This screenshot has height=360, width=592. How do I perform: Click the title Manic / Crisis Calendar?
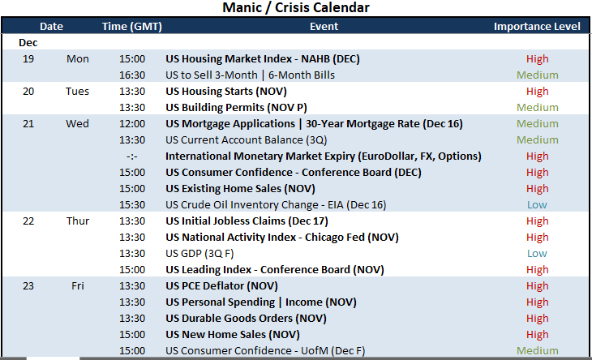(296, 7)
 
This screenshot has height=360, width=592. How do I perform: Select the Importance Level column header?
(537, 27)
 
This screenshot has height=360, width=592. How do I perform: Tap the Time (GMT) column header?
(131, 27)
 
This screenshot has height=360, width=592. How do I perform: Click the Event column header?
(324, 27)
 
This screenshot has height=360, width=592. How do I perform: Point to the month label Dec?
(28, 43)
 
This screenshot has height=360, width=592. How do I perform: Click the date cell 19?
(28, 59)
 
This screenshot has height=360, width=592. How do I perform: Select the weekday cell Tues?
(77, 92)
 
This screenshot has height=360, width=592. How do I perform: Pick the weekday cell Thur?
(78, 221)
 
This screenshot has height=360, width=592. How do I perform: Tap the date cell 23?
(28, 286)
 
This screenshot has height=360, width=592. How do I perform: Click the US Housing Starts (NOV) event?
(226, 92)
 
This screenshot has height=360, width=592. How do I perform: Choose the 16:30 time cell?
(132, 75)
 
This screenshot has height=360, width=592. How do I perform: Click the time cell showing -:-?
(132, 156)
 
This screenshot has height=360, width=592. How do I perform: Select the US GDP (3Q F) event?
(199, 254)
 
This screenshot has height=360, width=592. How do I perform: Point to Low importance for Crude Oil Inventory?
(537, 205)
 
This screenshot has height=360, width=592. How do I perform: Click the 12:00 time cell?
(132, 124)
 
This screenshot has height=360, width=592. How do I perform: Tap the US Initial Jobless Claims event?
(247, 221)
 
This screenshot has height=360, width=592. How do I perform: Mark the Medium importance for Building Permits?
(537, 108)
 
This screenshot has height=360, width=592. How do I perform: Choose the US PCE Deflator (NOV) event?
(221, 286)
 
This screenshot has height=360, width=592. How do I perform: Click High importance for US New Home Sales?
(537, 335)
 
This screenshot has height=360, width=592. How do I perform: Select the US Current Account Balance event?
(247, 140)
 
